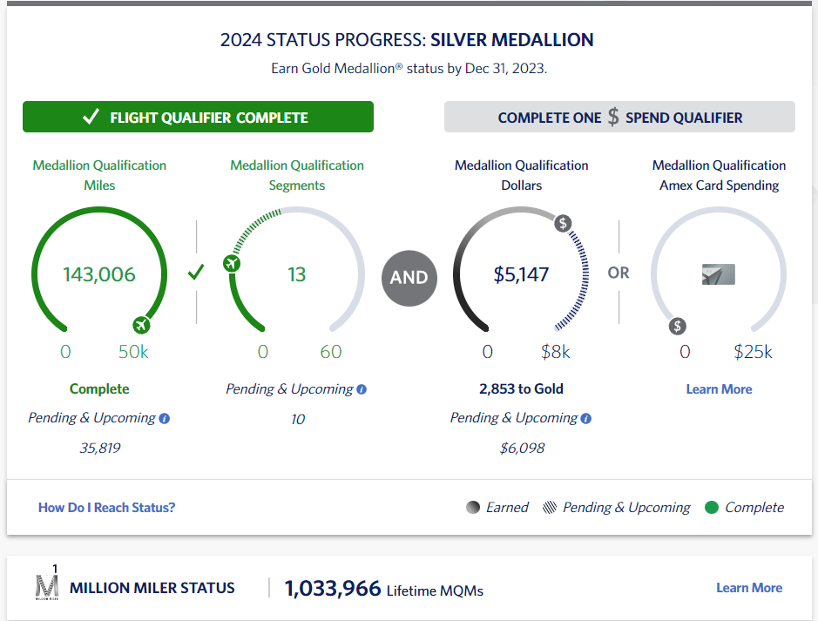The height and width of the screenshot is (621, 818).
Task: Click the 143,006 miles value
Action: (x=99, y=274)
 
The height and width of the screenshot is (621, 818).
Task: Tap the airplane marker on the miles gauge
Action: (x=141, y=326)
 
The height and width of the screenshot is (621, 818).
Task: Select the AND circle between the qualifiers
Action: (x=409, y=277)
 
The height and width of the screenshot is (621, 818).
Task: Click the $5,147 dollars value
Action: (x=521, y=274)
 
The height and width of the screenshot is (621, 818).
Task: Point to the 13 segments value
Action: (x=297, y=274)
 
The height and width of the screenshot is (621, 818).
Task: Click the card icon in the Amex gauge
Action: (x=719, y=275)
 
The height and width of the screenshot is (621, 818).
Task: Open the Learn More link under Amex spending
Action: (x=719, y=389)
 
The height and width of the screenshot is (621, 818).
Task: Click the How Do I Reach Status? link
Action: (x=106, y=507)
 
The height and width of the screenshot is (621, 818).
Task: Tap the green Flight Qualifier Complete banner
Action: (x=198, y=118)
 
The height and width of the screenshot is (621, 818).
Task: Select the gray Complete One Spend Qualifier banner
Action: (x=619, y=118)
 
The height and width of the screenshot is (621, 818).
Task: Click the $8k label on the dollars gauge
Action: (x=555, y=352)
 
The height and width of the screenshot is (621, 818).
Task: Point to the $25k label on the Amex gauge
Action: (x=753, y=352)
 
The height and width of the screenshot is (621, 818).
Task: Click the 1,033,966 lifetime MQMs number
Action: (x=333, y=588)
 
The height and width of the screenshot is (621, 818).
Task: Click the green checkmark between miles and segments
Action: (x=196, y=273)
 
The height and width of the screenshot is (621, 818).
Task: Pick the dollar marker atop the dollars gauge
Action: (x=563, y=223)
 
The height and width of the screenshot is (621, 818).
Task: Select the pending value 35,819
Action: (x=98, y=449)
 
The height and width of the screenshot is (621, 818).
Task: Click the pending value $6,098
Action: (x=521, y=449)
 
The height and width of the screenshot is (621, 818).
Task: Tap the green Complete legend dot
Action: (x=711, y=508)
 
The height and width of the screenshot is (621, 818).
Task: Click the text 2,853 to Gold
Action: (x=521, y=389)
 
